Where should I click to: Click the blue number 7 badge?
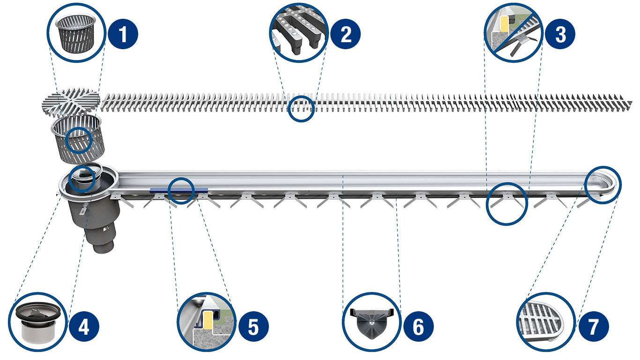tap(593, 326)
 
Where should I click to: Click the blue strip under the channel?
tap(179, 191)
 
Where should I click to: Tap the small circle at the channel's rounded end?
tap(603, 184)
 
